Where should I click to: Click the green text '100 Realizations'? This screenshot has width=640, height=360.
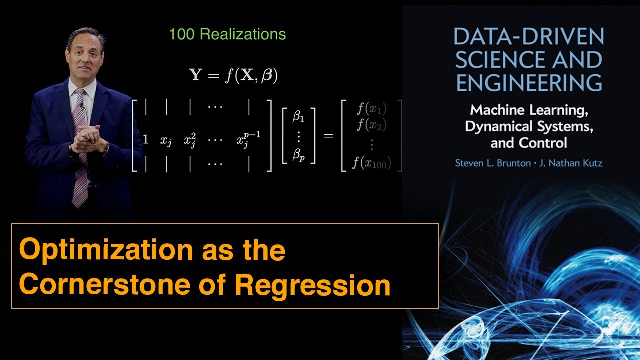227,34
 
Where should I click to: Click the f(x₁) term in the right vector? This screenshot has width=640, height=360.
372,109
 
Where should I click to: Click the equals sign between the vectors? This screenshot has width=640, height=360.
328,135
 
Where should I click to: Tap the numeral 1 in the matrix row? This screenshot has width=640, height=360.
145,140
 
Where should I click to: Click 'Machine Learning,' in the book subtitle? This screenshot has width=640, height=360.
528,109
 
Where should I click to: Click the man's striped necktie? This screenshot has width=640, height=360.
80,150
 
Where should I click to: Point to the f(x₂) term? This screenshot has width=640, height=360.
372,125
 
